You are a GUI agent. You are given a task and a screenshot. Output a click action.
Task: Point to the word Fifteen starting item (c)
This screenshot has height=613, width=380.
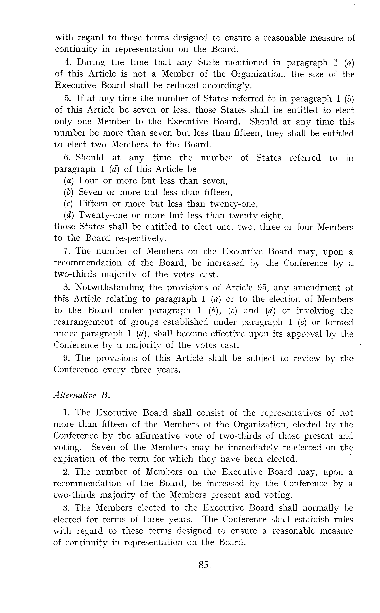(93, 204)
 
